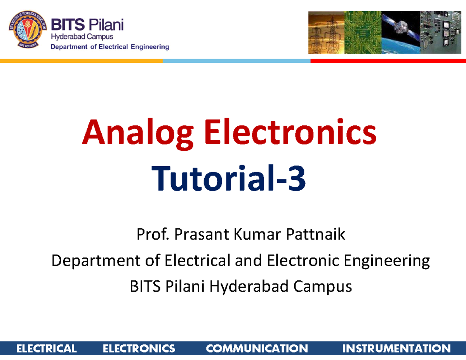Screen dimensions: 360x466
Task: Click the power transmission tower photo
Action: pos(325,33)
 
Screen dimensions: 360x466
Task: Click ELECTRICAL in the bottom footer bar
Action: pos(46,348)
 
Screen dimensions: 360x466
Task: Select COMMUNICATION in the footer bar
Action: pos(257,348)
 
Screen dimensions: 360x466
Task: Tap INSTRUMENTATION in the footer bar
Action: pos(396,348)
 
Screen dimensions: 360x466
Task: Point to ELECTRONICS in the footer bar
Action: pos(139,348)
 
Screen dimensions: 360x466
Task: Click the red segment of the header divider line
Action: pos(388,61)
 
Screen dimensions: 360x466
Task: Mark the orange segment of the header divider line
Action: pos(81,61)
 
